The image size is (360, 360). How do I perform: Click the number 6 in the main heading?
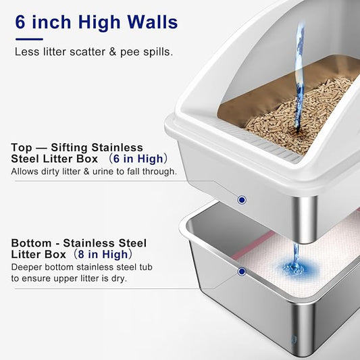point(21,22)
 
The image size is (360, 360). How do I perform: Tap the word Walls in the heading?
point(151,22)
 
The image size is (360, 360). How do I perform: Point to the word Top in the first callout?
point(21,147)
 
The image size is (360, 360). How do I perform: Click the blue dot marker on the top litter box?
point(241,199)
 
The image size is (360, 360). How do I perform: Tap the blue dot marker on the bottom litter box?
point(241,272)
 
